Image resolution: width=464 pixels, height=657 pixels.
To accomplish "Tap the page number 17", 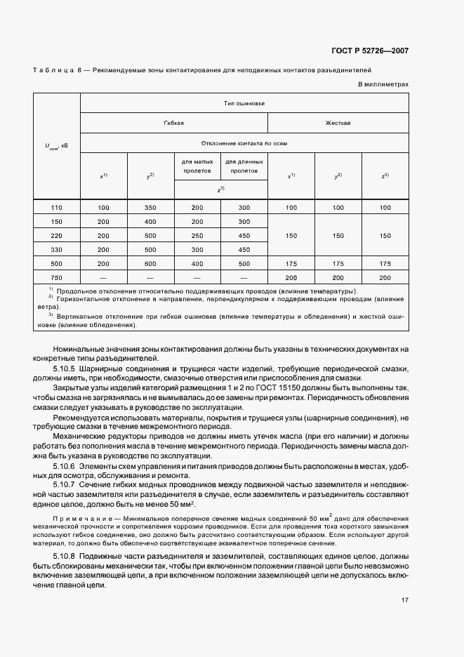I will (404, 599).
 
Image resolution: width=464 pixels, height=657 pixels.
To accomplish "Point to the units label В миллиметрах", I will (383, 84).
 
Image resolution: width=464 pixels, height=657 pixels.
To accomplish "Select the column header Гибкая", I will (174, 123).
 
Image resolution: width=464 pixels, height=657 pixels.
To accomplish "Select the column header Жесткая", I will (338, 123).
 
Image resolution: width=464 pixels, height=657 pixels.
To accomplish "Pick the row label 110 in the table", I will (58, 208).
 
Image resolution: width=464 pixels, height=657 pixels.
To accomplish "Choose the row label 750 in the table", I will (58, 277).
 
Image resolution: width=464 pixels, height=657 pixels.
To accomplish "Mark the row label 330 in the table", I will (58, 249).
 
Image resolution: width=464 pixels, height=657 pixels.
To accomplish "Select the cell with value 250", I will (197, 236).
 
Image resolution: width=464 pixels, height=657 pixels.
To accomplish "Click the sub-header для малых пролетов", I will (197, 166).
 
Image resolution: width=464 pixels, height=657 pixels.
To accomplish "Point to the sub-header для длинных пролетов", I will (244, 166).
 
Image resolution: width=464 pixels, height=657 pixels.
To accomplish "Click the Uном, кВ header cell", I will (58, 147).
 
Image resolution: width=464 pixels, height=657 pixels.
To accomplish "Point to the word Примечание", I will (78, 517).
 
